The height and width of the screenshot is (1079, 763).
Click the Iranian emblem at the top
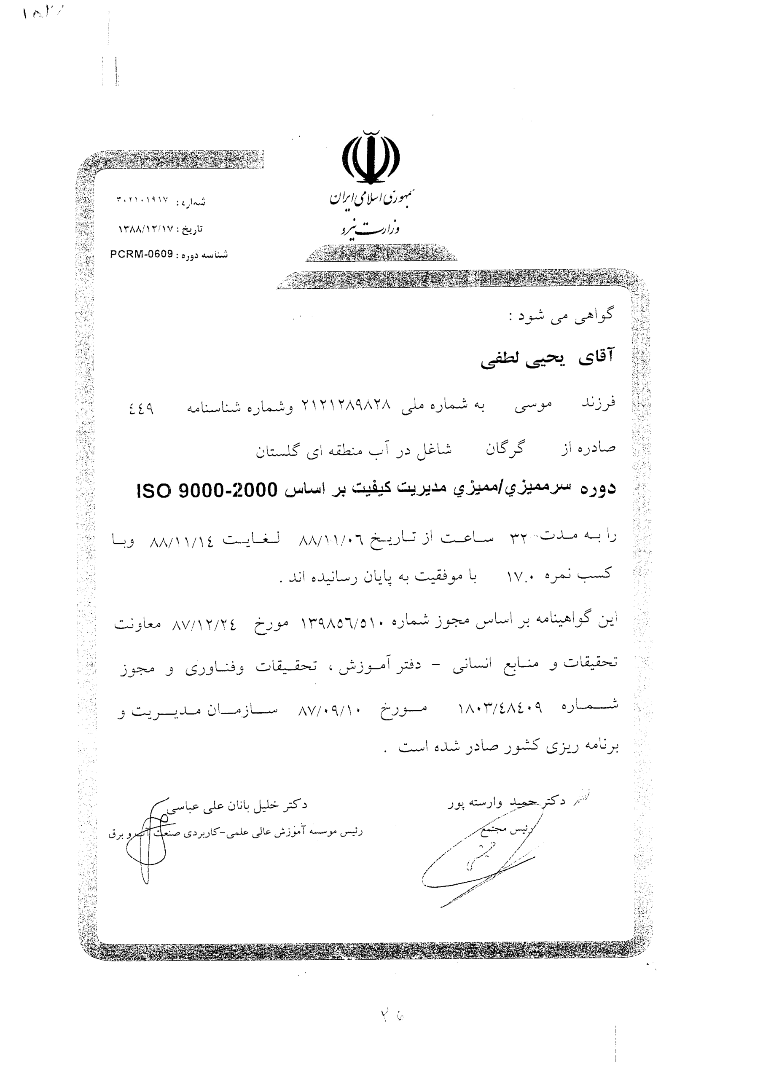[371, 158]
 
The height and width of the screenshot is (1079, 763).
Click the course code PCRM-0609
[142, 254]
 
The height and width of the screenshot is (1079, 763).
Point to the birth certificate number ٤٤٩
[141, 408]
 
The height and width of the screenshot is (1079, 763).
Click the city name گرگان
[505, 449]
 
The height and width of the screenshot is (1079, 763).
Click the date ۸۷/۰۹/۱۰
[329, 711]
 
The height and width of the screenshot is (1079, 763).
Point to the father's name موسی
[533, 405]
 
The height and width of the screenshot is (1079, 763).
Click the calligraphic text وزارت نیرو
[371, 228]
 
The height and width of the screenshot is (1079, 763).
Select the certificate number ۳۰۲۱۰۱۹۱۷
[142, 200]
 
